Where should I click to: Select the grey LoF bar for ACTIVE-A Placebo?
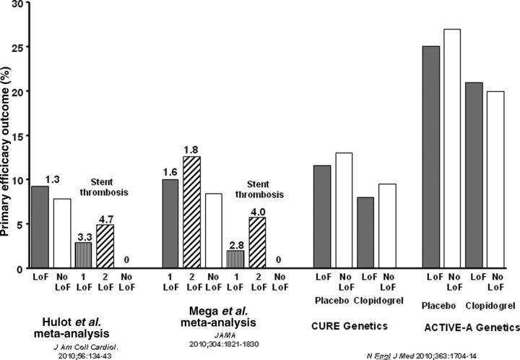click(x=432, y=157)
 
